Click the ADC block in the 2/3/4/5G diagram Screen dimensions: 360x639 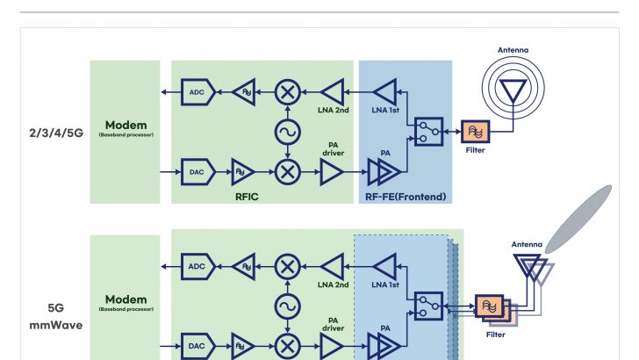(197, 90)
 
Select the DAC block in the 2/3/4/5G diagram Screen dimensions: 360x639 (197, 171)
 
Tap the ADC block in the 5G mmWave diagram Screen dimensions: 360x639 (197, 265)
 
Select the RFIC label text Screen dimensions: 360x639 (247, 197)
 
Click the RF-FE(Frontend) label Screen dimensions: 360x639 (406, 197)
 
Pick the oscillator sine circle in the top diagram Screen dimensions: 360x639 (286, 131)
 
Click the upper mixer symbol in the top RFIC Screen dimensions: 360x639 (286, 90)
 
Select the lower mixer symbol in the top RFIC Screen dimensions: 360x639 (286, 171)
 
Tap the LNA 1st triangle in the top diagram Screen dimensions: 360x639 (384, 90)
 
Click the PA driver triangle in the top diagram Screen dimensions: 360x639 (332, 172)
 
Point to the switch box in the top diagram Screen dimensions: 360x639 (428, 132)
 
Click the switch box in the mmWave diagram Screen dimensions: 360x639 (428, 306)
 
